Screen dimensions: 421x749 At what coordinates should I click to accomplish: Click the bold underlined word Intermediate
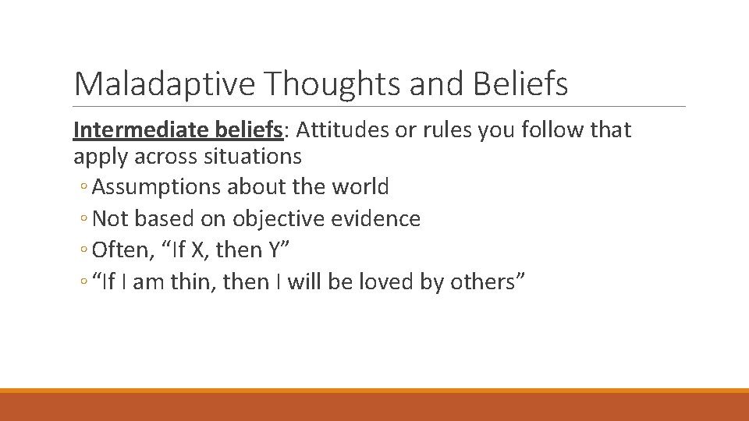(136, 129)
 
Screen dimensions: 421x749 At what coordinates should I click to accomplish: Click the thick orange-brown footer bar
(374, 407)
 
